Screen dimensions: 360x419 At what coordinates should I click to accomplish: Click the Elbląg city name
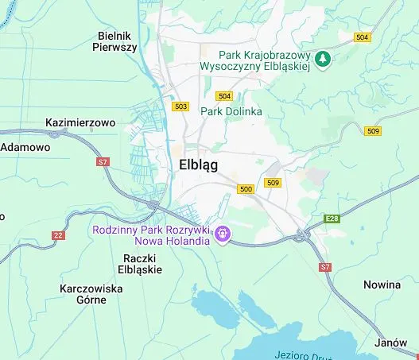coord(195,165)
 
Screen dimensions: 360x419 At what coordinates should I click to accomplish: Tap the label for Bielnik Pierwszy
coord(116,41)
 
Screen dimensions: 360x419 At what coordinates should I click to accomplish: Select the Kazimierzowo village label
coord(80,123)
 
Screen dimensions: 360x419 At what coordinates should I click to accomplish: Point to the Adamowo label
coord(25,147)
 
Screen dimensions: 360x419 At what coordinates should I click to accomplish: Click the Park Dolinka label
coord(231,111)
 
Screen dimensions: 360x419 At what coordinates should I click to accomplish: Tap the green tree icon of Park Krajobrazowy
coord(323,60)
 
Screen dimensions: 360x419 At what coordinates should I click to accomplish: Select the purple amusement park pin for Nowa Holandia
coord(223,234)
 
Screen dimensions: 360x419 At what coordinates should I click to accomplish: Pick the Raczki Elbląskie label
coord(142,264)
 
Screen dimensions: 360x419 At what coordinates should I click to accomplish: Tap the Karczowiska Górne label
coord(91,295)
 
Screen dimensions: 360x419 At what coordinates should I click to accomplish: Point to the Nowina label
coord(382,284)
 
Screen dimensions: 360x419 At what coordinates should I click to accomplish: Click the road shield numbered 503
coord(180,106)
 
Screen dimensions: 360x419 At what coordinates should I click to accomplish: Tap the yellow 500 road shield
coord(246,189)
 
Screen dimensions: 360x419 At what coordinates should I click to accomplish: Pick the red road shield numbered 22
coord(58,235)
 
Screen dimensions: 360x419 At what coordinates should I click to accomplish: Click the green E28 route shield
coord(332,218)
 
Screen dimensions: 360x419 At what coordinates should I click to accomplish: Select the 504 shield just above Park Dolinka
coord(224,96)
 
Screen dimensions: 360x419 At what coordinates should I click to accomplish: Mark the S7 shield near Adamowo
coord(102,162)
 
